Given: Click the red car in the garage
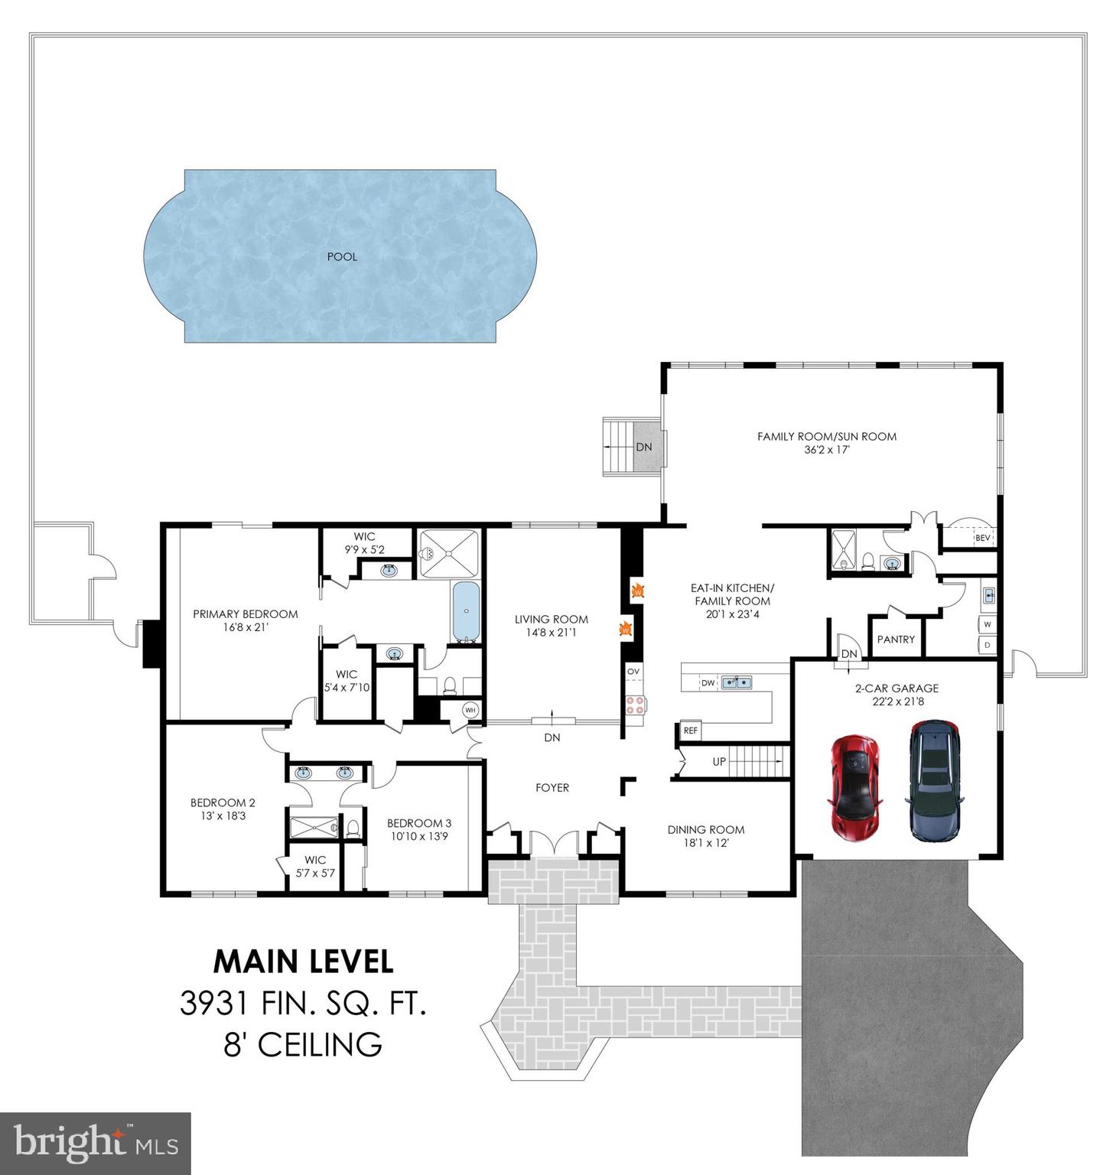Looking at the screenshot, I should [855, 788].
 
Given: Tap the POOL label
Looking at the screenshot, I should [342, 257].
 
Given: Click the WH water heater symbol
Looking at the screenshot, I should [470, 711].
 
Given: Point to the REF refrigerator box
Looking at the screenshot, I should [691, 731].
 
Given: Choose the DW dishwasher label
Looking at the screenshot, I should [708, 682].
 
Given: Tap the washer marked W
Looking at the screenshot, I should [988, 624].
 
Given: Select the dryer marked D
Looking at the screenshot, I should [988, 645].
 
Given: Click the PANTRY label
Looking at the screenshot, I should [896, 640].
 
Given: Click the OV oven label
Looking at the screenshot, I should [633, 672].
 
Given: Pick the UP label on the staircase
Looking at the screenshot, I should [719, 762].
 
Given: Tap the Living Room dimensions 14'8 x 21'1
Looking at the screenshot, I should [551, 633].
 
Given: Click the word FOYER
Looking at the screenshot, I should [552, 787].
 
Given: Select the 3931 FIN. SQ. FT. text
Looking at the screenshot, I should [303, 1003].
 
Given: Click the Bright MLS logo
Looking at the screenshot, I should [95, 1143].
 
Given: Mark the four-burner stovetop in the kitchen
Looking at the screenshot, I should [634, 705].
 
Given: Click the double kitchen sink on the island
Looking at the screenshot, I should [735, 682].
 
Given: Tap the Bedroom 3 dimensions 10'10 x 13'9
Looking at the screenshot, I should [419, 837].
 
